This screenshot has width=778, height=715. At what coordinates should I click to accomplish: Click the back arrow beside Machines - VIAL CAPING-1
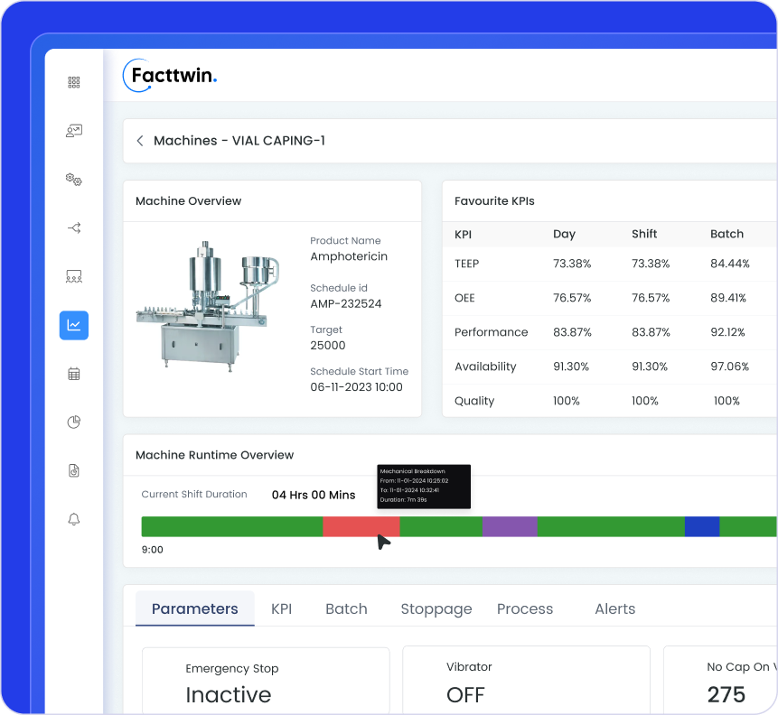[140, 141]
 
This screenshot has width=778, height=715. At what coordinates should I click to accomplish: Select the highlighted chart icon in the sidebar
[74, 325]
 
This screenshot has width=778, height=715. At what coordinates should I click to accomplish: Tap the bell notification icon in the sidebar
[74, 519]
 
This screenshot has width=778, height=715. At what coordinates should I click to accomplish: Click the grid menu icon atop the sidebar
[74, 82]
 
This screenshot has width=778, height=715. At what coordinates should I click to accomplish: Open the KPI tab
[281, 608]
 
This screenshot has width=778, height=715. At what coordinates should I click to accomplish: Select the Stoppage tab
[436, 608]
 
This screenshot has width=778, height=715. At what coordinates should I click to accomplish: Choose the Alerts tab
[614, 608]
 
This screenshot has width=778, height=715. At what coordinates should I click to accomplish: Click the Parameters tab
[194, 608]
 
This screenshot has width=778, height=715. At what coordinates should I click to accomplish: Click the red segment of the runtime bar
[361, 526]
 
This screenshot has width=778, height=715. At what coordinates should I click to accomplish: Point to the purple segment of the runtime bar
[510, 526]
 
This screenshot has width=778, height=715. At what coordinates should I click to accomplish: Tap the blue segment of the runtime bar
[701, 526]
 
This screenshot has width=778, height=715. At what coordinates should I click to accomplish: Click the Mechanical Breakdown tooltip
[424, 487]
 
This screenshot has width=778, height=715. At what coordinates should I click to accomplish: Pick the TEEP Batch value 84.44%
[729, 264]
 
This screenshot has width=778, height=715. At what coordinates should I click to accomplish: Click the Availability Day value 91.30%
[571, 367]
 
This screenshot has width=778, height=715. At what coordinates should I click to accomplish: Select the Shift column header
[644, 234]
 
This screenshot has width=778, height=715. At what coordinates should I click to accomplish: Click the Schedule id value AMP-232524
[345, 303]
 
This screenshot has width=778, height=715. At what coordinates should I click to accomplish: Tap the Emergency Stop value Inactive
[228, 694]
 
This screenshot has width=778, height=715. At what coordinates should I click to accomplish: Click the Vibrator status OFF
[465, 694]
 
